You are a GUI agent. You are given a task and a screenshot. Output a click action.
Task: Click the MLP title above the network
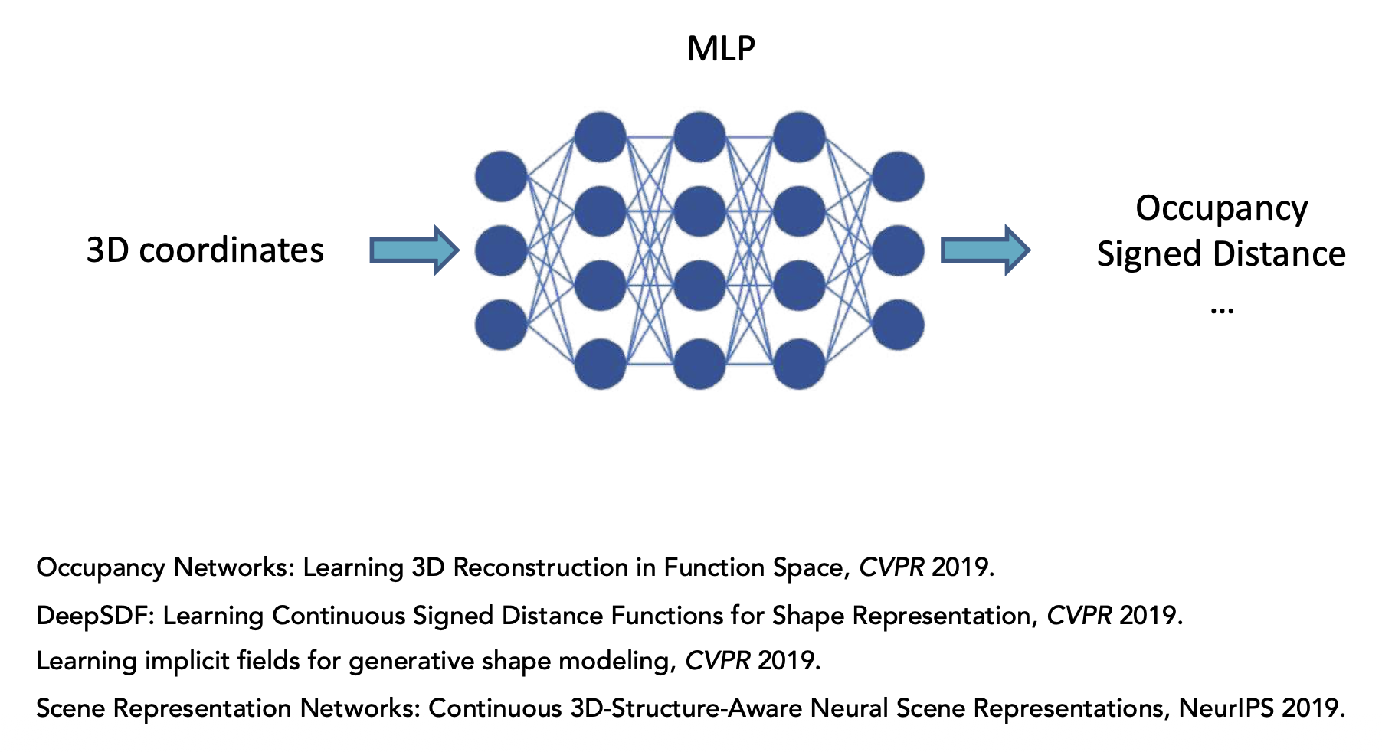pos(721,49)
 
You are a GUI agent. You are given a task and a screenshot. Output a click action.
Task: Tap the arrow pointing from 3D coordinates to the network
pos(414,250)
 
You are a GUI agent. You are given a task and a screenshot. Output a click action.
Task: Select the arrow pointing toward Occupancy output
pos(984,250)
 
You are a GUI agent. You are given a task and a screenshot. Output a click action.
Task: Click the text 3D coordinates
pos(205,250)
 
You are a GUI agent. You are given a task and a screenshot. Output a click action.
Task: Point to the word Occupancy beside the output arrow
pos(1221,209)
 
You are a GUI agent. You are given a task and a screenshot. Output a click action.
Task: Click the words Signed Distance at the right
pos(1221,254)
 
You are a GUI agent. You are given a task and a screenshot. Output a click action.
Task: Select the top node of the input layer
pos(501,177)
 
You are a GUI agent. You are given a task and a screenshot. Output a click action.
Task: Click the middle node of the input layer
pos(501,250)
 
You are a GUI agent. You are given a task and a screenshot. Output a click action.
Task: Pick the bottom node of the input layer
pos(501,325)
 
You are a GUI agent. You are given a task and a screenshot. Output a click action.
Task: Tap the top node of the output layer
pos(898,177)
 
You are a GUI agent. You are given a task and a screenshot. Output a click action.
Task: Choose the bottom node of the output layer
pos(898,325)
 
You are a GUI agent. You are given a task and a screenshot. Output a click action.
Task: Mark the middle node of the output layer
pos(898,250)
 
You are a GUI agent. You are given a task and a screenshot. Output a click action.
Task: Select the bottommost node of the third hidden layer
pos(799,364)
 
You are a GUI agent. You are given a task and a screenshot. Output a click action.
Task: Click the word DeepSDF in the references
pos(95,615)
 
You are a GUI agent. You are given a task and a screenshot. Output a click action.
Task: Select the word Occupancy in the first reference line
pos(100,568)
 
